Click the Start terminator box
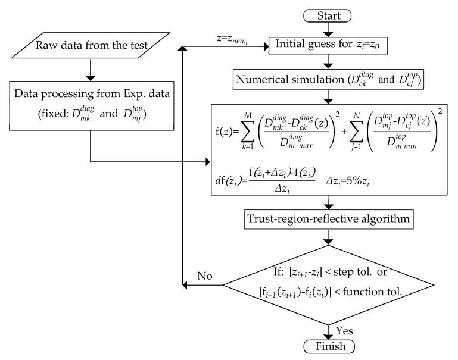tap(330, 13)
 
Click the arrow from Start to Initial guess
tap(330, 27)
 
